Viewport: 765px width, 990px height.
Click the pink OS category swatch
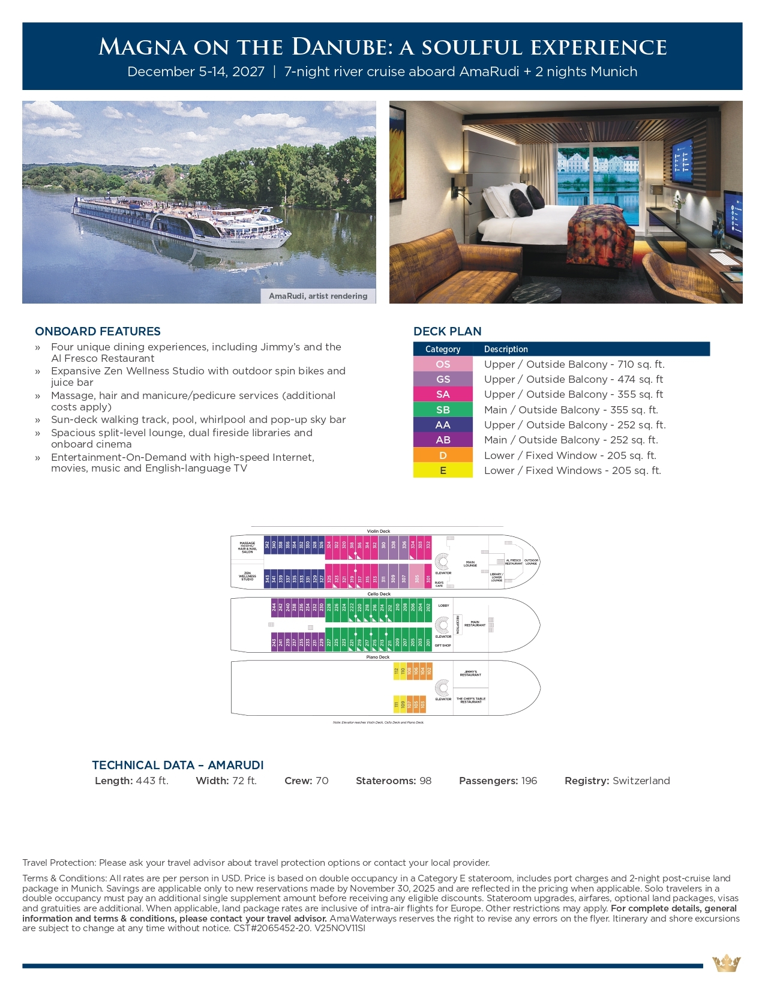coord(443,364)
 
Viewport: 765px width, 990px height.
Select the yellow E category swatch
coord(443,470)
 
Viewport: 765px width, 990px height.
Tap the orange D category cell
coord(443,455)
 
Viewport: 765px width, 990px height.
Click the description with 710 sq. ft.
coord(574,364)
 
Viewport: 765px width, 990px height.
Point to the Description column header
coord(506,349)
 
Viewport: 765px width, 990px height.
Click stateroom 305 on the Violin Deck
coord(417,579)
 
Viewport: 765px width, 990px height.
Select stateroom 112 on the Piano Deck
coord(396,671)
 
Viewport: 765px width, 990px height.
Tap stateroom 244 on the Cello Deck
coord(274,607)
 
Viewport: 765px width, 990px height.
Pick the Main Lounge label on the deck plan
coord(470,564)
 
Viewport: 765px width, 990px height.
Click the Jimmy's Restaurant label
coord(470,674)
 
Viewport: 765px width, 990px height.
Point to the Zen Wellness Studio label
coord(247,576)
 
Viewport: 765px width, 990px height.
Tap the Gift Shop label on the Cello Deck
coord(443,646)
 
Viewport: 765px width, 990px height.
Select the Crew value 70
coord(322,781)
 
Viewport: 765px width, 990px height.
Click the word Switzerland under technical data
coord(641,781)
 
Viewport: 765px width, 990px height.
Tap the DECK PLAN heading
coord(448,331)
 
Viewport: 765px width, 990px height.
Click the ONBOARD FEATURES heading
coord(98,331)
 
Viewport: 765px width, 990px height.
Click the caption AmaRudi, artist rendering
coord(318,296)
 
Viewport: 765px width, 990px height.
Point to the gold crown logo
coord(726,964)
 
